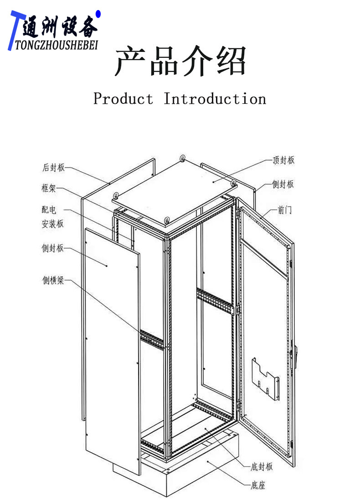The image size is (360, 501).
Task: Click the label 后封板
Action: (x=54, y=168)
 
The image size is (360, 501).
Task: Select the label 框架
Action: (x=49, y=189)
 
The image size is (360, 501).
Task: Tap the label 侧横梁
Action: (x=54, y=281)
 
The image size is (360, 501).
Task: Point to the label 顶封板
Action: (x=283, y=160)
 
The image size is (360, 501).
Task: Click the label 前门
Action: (x=285, y=210)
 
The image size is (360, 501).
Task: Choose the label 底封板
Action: (x=262, y=466)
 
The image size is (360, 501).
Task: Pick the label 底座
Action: (x=258, y=486)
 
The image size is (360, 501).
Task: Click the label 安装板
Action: (x=53, y=224)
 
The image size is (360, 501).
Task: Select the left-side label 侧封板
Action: (x=53, y=249)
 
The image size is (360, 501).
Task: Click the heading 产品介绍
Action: (x=180, y=61)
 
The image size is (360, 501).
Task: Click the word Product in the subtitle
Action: (x=123, y=99)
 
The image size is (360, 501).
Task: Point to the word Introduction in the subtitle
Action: (x=215, y=99)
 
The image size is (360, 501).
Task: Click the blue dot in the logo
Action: (x=98, y=15)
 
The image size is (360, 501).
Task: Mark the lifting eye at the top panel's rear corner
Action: (x=182, y=158)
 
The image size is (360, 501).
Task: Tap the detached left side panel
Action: (x=112, y=346)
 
